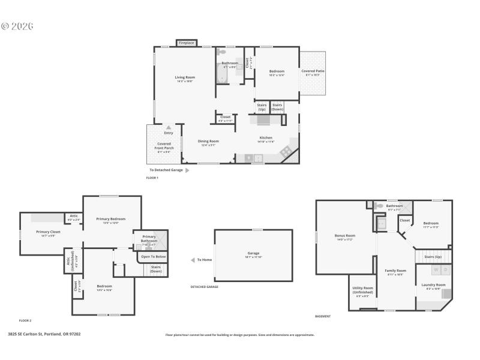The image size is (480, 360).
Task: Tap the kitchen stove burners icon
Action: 286,151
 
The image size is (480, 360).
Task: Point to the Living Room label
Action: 185,77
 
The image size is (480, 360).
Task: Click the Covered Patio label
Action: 313,71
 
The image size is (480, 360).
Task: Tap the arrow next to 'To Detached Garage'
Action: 187,170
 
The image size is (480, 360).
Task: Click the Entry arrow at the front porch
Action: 169,127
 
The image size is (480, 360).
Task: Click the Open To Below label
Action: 153,257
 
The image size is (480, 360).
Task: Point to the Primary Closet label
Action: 48,232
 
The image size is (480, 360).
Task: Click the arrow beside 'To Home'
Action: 193,260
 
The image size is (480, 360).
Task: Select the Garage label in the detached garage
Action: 253,253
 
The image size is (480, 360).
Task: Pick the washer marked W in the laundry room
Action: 436,270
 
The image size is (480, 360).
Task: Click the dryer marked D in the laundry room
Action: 446,270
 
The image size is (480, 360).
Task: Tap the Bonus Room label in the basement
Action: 345,235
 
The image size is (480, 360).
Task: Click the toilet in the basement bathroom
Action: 379,206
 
